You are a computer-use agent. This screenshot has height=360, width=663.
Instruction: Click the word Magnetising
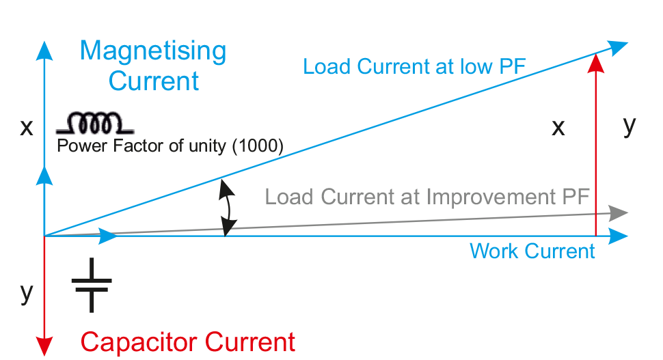(153, 52)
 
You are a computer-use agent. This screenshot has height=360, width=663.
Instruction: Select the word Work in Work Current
(490, 251)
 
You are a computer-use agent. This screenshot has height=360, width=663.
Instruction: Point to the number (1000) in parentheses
(258, 146)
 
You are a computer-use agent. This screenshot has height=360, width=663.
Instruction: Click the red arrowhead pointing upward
(597, 63)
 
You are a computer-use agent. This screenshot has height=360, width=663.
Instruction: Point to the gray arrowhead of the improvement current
(619, 212)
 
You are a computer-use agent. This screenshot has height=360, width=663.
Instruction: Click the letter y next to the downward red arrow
(27, 292)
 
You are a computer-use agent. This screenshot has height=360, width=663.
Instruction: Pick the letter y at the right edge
(630, 126)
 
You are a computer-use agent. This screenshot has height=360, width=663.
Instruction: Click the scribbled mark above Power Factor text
(93, 123)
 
